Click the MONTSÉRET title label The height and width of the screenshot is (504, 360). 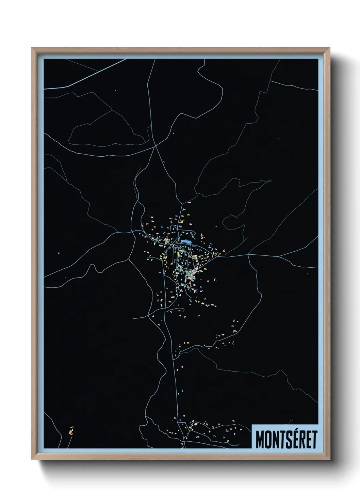point(286,439)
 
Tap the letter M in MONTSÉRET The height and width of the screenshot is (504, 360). point(260,440)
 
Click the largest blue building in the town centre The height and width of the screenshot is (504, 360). point(185,241)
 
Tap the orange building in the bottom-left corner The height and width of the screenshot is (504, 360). point(71,432)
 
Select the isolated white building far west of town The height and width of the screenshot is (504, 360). point(59,253)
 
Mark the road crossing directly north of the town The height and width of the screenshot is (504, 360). point(156,146)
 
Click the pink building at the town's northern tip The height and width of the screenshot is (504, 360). point(189,203)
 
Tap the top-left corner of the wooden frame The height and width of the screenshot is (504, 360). point(32,48)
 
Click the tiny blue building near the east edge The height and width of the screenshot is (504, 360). point(308,273)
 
